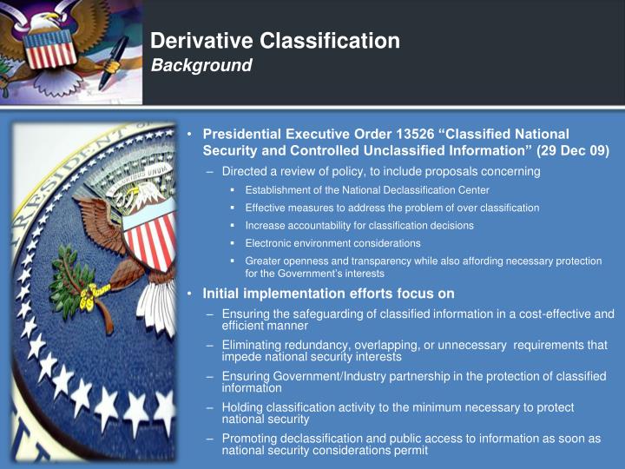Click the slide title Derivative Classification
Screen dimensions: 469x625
[275, 41]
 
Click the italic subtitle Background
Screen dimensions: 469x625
[201, 66]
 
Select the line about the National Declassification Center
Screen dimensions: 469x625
[367, 190]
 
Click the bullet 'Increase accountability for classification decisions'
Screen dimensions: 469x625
[359, 226]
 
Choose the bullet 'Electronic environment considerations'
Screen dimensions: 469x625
[332, 243]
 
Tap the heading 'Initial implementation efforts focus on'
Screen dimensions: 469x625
[328, 294]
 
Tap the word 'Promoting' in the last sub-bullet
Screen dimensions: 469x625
[251, 439]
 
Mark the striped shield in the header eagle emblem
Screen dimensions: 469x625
[52, 50]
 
